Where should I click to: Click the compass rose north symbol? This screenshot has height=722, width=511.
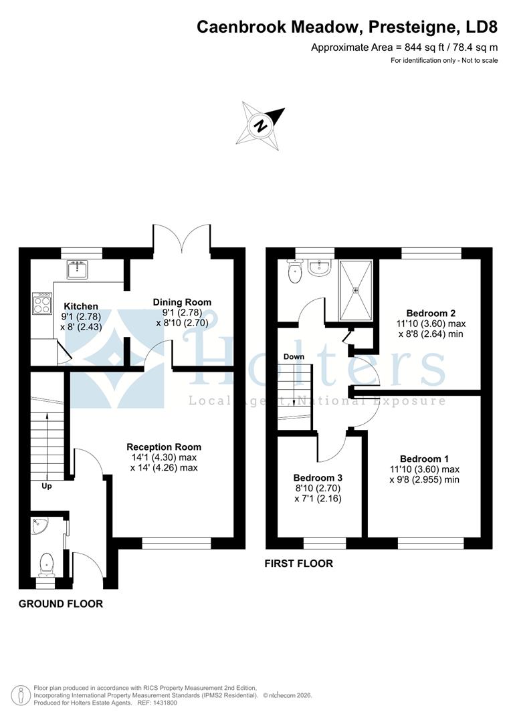click(261, 124)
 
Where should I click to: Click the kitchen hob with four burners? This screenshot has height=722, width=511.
click(42, 304)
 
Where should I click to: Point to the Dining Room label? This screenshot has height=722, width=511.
click(182, 302)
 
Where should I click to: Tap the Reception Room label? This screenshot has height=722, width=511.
click(164, 447)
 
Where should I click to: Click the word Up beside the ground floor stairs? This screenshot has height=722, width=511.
click(47, 486)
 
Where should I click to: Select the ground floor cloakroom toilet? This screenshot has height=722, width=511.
click(46, 564)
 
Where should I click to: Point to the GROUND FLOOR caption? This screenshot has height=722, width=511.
click(61, 604)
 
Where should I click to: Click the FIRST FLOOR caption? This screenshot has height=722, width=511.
click(298, 564)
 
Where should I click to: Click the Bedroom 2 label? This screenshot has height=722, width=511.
click(431, 312)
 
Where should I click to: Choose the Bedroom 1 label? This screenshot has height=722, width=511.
click(425, 459)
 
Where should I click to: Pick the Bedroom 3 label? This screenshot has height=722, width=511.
click(318, 478)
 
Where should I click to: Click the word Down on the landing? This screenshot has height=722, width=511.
click(294, 356)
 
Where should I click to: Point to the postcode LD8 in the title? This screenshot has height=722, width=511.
click(480, 27)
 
